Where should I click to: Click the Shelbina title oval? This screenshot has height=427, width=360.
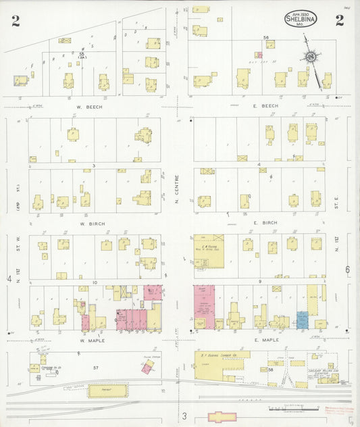click(301, 20)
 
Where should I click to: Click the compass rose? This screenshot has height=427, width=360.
click(311, 57)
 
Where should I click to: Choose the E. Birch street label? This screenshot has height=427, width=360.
click(265, 222)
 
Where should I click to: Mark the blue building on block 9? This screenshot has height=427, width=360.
click(302, 319)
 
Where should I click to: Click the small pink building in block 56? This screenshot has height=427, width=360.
click(258, 55)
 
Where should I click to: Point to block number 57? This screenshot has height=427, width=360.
click(95, 368)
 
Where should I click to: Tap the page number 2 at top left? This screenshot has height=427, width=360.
click(15, 21)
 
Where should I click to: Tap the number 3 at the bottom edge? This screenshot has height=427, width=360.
click(183, 416)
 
